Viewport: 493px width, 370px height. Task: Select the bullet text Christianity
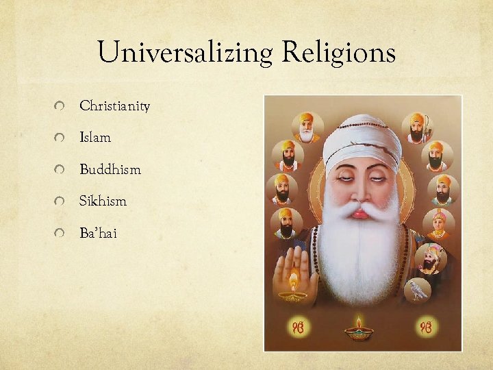pyautogui.click(x=114, y=106)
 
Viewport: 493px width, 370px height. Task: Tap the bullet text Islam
pyautogui.click(x=95, y=138)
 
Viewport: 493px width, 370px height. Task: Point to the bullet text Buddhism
pyautogui.click(x=110, y=169)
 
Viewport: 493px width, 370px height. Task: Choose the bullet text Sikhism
pyautogui.click(x=103, y=201)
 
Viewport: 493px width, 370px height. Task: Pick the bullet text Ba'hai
pyautogui.click(x=98, y=234)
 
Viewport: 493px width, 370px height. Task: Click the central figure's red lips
pyautogui.click(x=360, y=214)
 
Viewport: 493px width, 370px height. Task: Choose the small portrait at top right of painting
pyautogui.click(x=417, y=127)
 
